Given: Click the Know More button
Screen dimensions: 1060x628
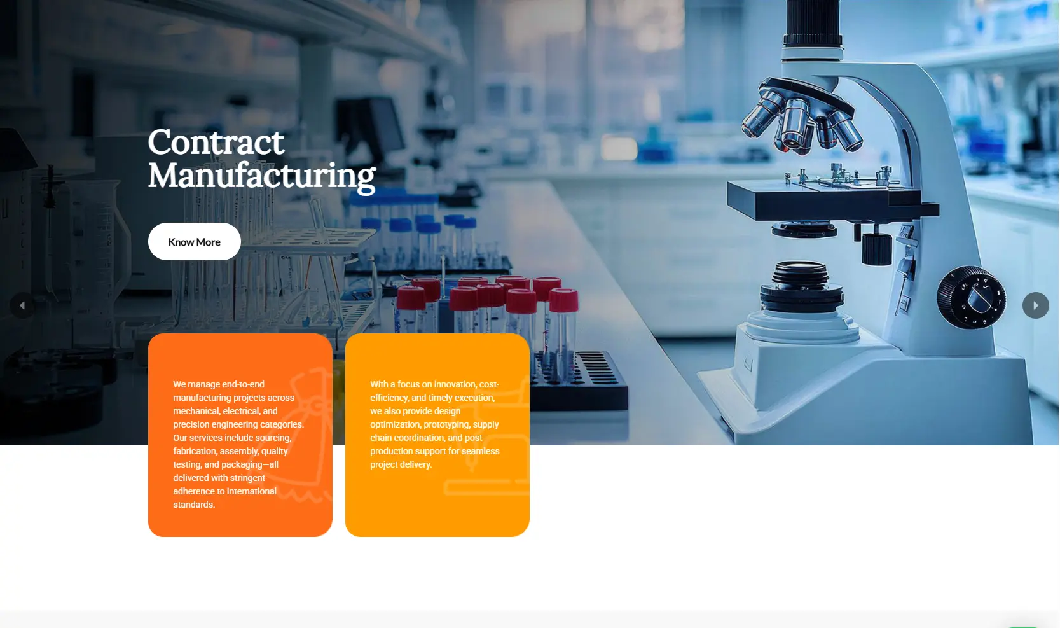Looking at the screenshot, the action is [x=195, y=242].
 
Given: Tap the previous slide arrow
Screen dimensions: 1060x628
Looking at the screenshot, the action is [x=22, y=305].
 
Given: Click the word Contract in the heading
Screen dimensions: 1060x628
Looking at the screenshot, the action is [x=216, y=142].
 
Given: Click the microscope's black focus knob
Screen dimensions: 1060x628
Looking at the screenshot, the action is [x=972, y=297].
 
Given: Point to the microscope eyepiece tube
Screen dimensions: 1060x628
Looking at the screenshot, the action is [x=812, y=24].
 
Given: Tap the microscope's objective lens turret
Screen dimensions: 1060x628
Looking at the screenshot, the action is [x=801, y=116].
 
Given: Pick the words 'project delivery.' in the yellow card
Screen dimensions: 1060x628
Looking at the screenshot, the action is [x=401, y=464].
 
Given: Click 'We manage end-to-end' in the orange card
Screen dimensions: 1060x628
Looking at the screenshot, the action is [x=219, y=384].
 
